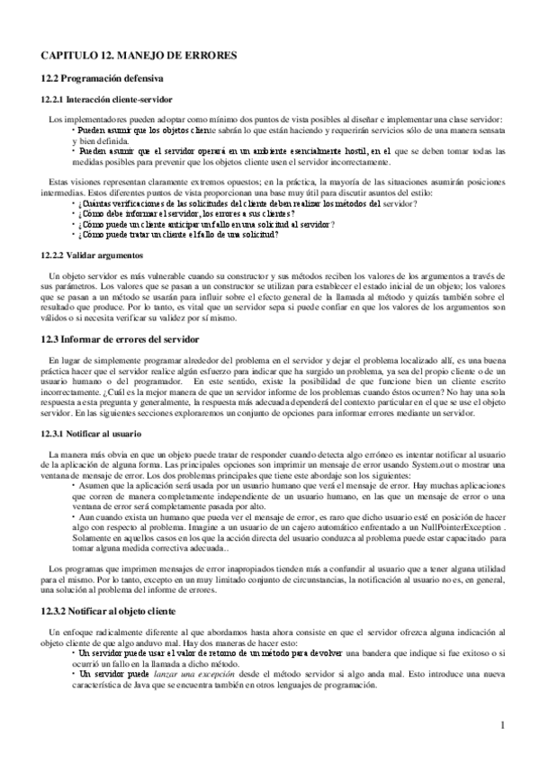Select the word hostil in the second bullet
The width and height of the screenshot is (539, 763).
351,151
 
